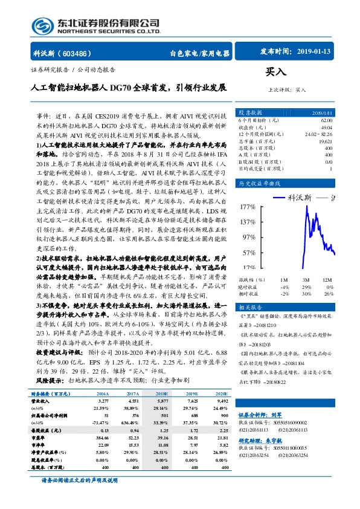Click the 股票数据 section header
(251, 113)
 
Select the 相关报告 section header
(251, 307)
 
